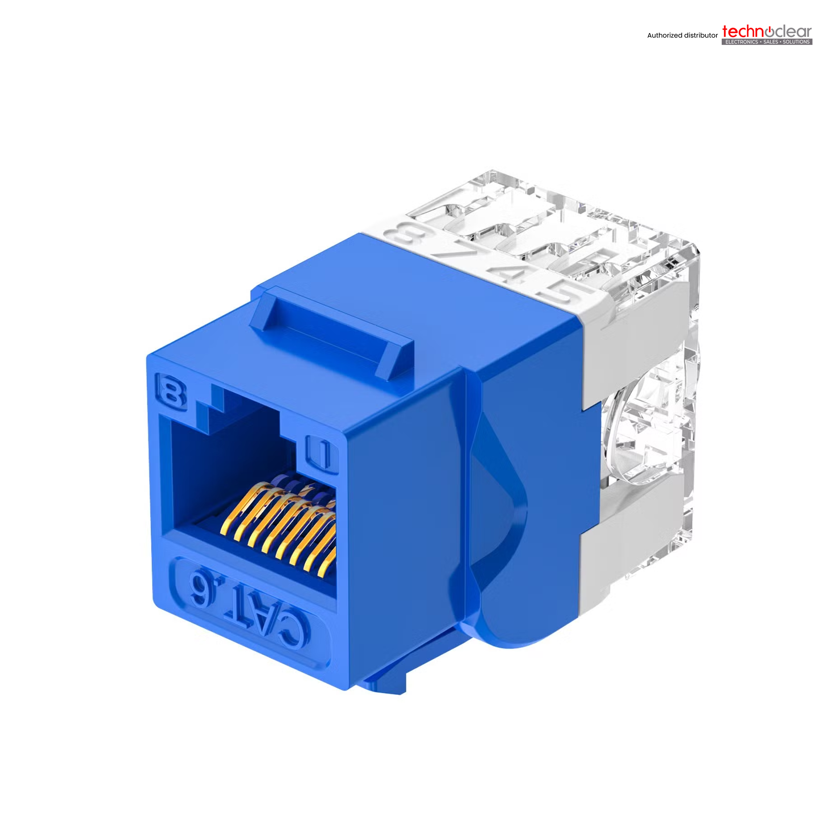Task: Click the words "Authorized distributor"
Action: click(x=683, y=36)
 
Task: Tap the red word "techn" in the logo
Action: click(x=742, y=31)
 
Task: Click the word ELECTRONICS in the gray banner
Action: click(x=742, y=42)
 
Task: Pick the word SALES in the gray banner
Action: click(x=770, y=42)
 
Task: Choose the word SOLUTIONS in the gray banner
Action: click(x=796, y=42)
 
